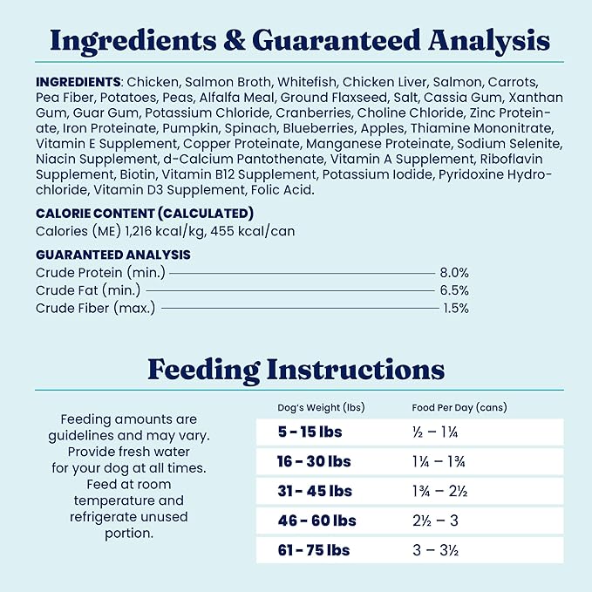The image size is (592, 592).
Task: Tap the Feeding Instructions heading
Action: click(x=296, y=369)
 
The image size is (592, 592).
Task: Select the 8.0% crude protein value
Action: click(x=454, y=272)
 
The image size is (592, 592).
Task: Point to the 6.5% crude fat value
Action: click(x=454, y=290)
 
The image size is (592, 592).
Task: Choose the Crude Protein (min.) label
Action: click(x=101, y=272)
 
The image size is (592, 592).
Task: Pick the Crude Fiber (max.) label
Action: click(x=96, y=308)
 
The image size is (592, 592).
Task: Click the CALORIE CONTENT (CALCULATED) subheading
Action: click(x=145, y=213)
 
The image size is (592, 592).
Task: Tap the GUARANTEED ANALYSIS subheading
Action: click(x=113, y=255)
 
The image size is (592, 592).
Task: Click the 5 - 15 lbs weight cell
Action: click(x=310, y=432)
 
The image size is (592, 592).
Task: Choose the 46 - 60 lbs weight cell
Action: click(x=316, y=521)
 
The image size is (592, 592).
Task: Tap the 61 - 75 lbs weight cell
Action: click(x=314, y=550)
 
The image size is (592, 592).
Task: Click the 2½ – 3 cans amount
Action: click(x=435, y=521)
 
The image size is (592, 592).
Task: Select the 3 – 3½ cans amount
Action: click(x=436, y=550)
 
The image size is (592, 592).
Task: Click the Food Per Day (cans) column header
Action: click(x=459, y=408)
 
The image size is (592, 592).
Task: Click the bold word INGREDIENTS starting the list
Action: click(x=78, y=81)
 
